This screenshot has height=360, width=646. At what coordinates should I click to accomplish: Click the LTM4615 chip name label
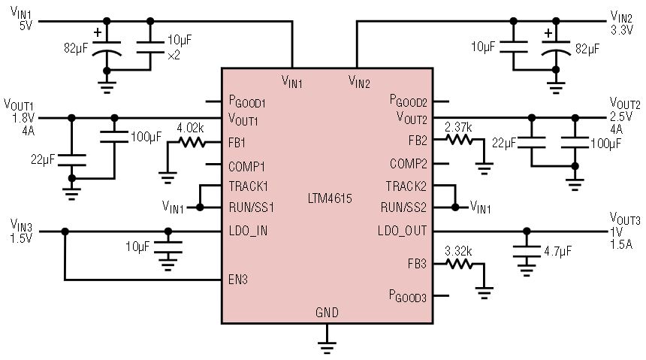pos(330,198)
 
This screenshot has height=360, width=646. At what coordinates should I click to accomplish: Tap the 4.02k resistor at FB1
pos(192,143)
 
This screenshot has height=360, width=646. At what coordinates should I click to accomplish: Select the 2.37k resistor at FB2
pos(460,140)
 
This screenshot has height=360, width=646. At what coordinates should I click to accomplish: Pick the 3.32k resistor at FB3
pos(460,264)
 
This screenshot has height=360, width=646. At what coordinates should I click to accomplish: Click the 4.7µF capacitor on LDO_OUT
pos(527,251)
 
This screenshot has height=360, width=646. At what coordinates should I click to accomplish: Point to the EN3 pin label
pos(238,280)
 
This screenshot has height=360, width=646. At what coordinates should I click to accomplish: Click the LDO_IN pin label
pos(248,231)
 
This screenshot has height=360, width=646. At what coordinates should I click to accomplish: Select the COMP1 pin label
pos(246,166)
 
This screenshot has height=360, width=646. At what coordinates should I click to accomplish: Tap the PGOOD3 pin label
pos(407,296)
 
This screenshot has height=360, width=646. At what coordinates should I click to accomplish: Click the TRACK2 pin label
pos(406,186)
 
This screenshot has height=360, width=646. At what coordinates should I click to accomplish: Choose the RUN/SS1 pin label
pos(252,207)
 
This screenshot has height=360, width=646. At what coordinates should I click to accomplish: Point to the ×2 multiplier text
pos(174,55)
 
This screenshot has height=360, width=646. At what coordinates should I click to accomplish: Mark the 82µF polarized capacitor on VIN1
pos(107,48)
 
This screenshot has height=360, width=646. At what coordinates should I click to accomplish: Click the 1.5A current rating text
pos(621,244)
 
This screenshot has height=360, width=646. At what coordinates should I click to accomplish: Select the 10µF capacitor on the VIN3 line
pos(168,247)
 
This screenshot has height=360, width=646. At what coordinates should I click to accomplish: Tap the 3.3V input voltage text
pos(622,30)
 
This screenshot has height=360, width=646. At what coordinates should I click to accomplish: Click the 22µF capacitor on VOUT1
pos(71,160)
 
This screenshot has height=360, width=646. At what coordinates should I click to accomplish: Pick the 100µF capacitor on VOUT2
pos(575,143)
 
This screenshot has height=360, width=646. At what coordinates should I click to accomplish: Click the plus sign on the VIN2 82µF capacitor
pos(548,33)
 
